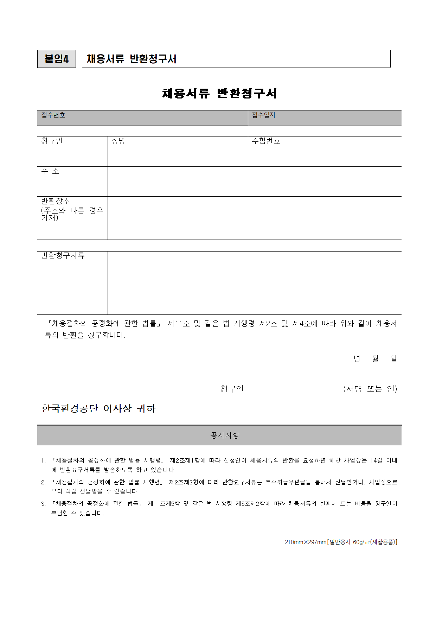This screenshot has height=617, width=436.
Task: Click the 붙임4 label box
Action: coord(56,59)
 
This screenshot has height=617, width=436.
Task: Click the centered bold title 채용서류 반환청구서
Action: coord(219,93)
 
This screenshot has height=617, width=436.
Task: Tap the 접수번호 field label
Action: coord(53,115)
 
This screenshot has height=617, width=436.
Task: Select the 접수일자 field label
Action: coord(264,115)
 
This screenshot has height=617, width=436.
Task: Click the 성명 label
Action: coord(118,141)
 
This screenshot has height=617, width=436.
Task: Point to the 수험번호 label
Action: coord(266,141)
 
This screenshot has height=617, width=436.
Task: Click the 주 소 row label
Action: coord(50,171)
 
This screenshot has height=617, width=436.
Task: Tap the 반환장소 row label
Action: coord(56,201)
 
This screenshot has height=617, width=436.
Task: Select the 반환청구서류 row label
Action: coord(63,256)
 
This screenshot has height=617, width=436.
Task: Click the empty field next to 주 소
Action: coord(254,182)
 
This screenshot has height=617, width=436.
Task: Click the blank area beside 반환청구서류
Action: coord(254,283)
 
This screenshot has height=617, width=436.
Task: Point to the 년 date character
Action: coord(357,359)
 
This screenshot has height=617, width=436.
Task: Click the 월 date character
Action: coord(375,359)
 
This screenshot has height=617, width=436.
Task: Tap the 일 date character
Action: coord(393,359)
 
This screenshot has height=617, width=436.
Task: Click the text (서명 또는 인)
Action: coord(370,389)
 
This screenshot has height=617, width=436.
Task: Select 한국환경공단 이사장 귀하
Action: coord(98,408)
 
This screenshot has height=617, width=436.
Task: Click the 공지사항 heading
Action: coord(225,435)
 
